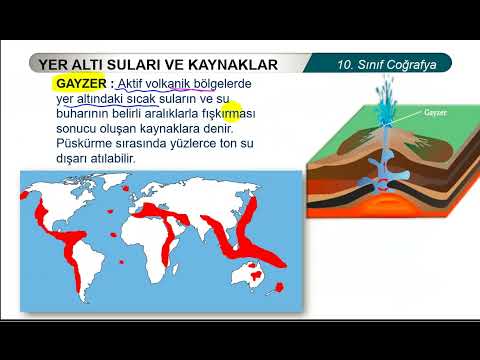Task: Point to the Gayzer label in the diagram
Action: click(434, 114)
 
